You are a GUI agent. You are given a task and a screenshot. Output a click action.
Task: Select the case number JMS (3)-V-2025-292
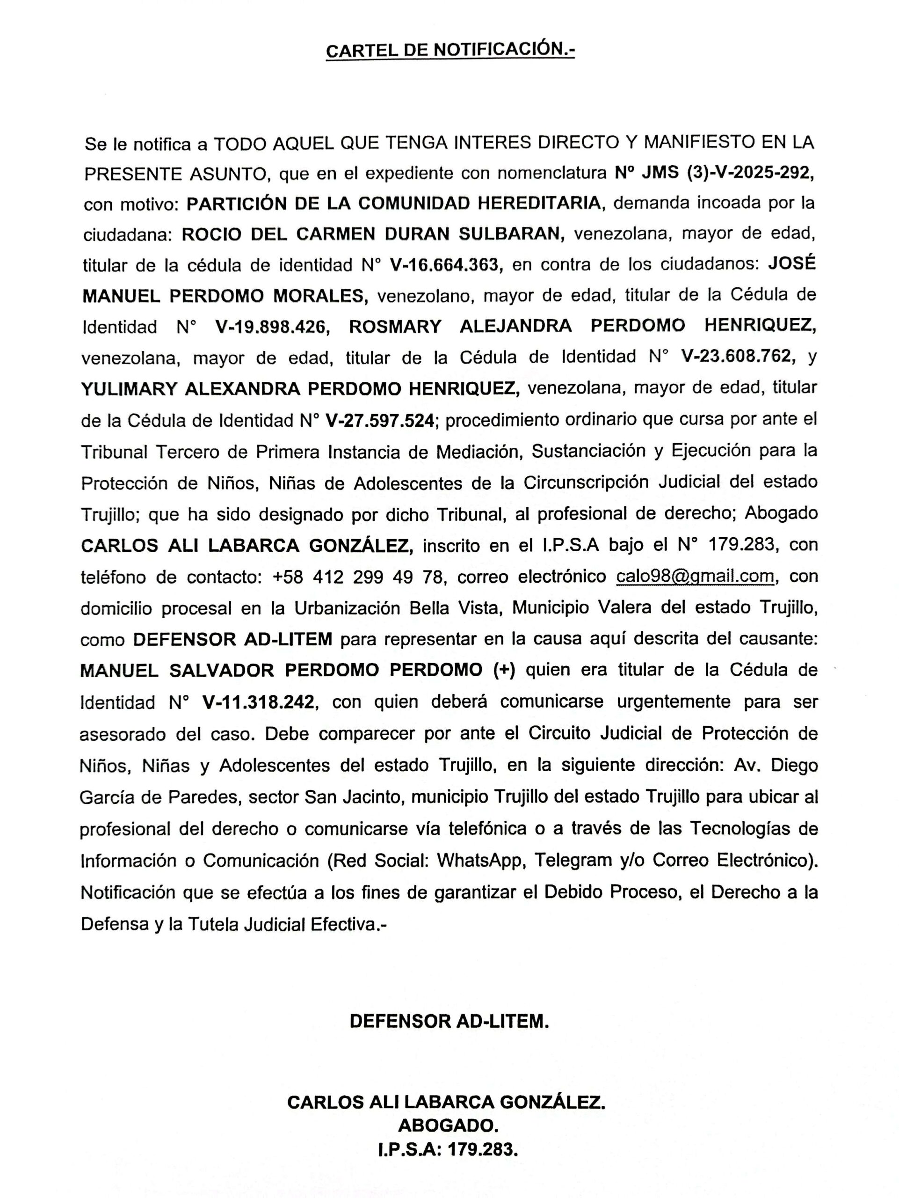[728, 173]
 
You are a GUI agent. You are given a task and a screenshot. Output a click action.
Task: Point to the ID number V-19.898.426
[272, 327]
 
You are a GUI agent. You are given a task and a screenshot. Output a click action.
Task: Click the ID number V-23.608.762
[738, 357]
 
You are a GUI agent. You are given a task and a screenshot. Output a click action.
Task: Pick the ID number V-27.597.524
[380, 420]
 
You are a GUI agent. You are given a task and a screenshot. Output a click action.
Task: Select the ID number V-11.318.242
[258, 702]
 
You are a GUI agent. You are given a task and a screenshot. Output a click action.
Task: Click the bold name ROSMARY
[395, 327]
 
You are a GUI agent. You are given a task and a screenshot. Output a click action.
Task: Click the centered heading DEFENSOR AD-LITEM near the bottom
[449, 1021]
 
